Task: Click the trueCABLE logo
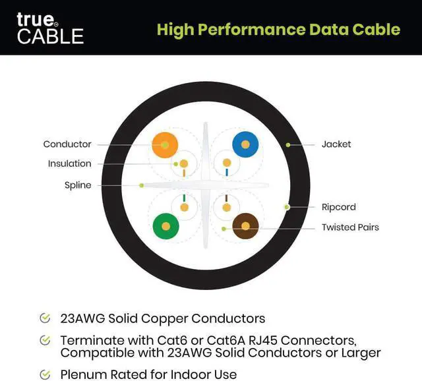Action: (x=49, y=28)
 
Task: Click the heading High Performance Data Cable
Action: (x=278, y=29)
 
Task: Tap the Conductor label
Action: (x=67, y=144)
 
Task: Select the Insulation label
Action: (x=69, y=163)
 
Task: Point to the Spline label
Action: (x=78, y=185)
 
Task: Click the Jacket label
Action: (x=336, y=144)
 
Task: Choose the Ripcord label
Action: (x=338, y=207)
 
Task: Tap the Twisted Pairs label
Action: (x=350, y=227)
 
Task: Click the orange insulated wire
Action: (x=165, y=144)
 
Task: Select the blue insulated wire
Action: (x=245, y=144)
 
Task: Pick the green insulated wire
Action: (x=166, y=227)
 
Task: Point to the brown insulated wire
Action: (x=245, y=227)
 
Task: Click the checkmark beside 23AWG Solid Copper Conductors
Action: (x=45, y=318)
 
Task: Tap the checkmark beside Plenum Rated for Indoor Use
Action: (x=45, y=374)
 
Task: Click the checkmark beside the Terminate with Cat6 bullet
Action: (x=45, y=340)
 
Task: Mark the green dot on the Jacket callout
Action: (x=287, y=144)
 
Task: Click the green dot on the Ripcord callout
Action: (x=287, y=207)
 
